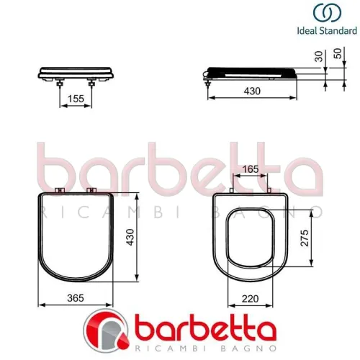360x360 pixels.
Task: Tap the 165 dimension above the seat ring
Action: [x=248, y=168]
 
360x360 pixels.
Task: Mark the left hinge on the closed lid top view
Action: [x=59, y=191]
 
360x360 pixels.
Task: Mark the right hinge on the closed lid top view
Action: [x=91, y=191]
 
